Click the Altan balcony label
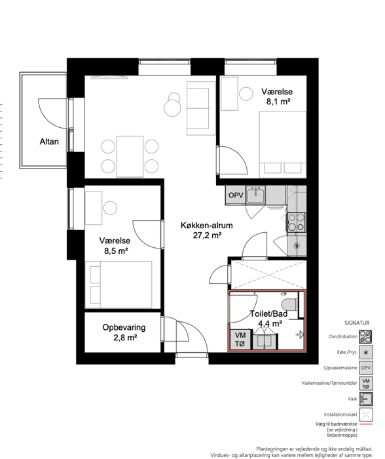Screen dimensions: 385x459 pyautogui.click(x=49, y=142)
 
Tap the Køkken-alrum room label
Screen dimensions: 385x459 pyautogui.click(x=207, y=226)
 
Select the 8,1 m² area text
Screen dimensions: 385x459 pyautogui.click(x=278, y=102)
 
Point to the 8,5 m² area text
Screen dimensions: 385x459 pyautogui.click(x=117, y=251)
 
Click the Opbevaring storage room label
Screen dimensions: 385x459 pyautogui.click(x=124, y=327)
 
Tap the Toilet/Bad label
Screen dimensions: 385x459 pyautogui.click(x=268, y=314)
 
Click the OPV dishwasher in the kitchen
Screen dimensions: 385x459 pyautogui.click(x=236, y=195)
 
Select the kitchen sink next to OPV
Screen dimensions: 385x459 pyautogui.click(x=255, y=195)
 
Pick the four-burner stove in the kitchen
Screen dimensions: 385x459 pyautogui.click(x=297, y=222)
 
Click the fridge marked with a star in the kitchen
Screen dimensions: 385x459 pyautogui.click(x=297, y=246)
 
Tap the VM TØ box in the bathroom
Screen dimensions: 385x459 pyautogui.click(x=240, y=340)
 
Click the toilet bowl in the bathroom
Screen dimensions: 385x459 pyautogui.click(x=289, y=304)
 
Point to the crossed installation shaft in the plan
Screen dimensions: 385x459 pyautogui.click(x=268, y=275)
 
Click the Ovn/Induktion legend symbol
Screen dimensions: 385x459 pyautogui.click(x=365, y=336)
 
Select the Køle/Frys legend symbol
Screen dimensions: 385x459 pyautogui.click(x=366, y=352)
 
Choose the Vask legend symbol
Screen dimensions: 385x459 pyautogui.click(x=366, y=399)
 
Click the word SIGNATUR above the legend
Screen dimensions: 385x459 pyautogui.click(x=357, y=323)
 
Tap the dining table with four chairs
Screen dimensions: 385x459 pyautogui.click(x=130, y=156)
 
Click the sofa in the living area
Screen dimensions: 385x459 pyautogui.click(x=201, y=108)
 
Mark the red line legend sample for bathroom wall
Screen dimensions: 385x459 pyautogui.click(x=366, y=424)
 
